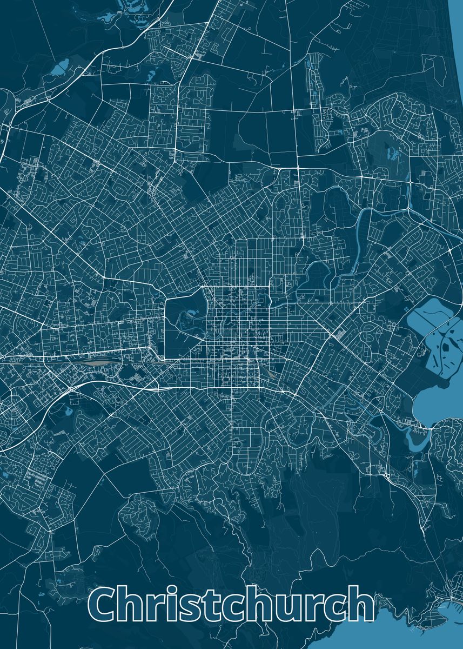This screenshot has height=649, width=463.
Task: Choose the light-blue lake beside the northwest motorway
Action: coord(59,67)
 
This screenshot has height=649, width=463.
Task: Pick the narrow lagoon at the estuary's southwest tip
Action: coord(417,438)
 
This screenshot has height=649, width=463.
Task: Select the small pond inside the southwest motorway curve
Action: coord(68,411)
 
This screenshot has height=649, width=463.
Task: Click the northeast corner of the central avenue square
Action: coord(270,287)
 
